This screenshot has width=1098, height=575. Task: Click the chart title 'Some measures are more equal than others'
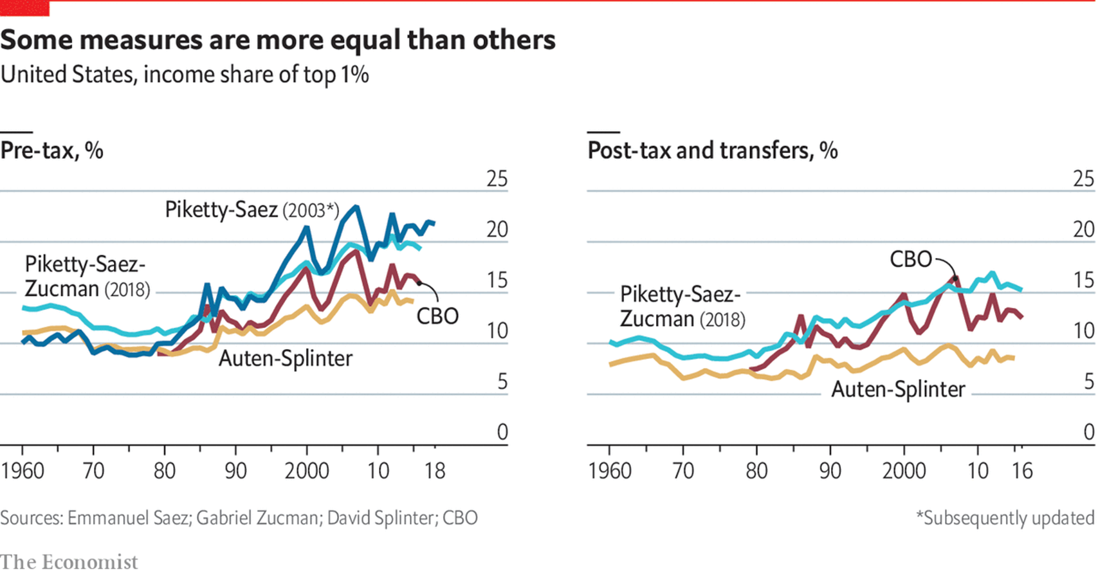pos(278,40)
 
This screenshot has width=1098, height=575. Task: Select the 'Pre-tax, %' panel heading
pos(52,151)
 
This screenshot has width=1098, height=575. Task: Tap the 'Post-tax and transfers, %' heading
pos(713,151)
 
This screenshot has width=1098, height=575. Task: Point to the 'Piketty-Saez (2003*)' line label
pos(252,210)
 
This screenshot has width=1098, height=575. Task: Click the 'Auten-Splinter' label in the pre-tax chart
pos(286,358)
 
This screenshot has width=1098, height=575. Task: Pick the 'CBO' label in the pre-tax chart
pos(437,316)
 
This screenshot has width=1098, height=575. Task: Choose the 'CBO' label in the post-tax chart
pos(911,259)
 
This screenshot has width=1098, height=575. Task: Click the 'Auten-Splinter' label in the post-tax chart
pos(898,389)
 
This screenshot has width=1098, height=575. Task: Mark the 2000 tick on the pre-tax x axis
pos(307,471)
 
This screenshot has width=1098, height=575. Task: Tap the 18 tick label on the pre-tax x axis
pos(435,471)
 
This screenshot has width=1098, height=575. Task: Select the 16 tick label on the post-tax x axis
pos(1021,471)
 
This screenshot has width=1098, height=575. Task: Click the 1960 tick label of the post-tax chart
pos(609,471)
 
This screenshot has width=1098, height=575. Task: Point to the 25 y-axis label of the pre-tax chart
pos(497,179)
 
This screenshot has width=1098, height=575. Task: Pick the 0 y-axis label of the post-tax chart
pos(1088,432)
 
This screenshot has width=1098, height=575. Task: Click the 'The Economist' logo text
pos(69,562)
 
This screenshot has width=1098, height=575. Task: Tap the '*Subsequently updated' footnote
pos(1005,518)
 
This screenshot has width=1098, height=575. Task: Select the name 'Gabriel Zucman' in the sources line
pos(257,518)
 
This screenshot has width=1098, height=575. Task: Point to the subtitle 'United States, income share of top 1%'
pos(185,75)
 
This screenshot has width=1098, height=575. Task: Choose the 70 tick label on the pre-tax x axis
pos(93,471)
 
